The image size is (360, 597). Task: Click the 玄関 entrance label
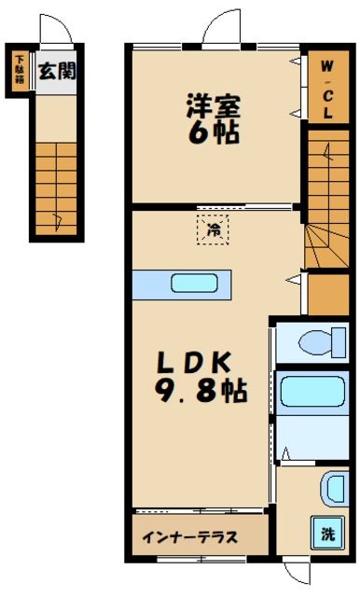point(57,71)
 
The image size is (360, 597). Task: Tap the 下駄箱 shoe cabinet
point(19,71)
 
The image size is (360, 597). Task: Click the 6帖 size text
point(214,131)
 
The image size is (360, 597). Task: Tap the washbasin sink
point(333,488)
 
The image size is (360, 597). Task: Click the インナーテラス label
point(190,537)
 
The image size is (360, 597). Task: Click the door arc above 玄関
point(56,27)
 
